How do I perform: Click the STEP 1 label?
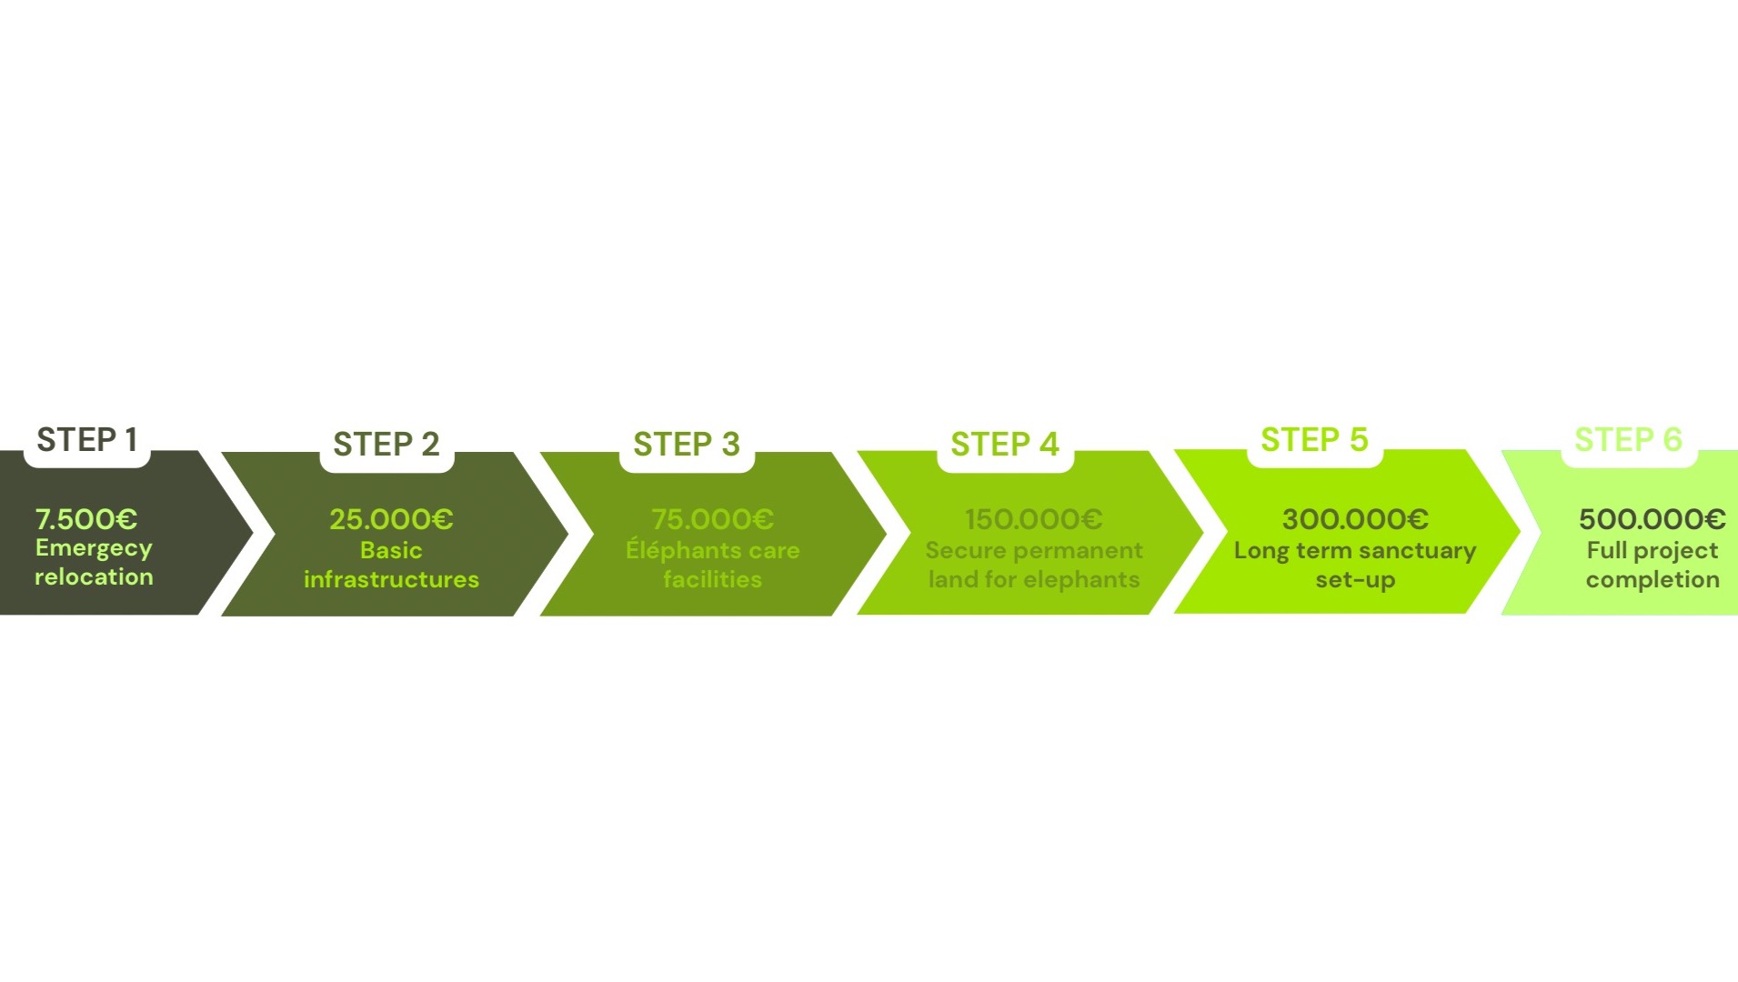tap(86, 440)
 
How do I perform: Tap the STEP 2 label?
tap(387, 445)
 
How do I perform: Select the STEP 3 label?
tap(687, 445)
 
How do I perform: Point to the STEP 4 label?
tap(1005, 445)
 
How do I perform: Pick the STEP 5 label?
tap(1314, 440)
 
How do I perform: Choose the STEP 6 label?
tap(1628, 440)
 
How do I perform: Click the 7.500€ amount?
tap(86, 519)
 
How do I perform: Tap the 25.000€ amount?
tap(391, 519)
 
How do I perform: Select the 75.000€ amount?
tap(712, 519)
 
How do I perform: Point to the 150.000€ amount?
tap(1033, 519)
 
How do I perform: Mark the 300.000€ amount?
tap(1355, 519)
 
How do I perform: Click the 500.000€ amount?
tap(1652, 519)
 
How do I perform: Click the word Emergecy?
tap(94, 548)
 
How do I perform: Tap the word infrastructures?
tap(391, 580)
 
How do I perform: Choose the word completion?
tap(1653, 580)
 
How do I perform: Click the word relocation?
tap(94, 577)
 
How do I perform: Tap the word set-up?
tap(1355, 580)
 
